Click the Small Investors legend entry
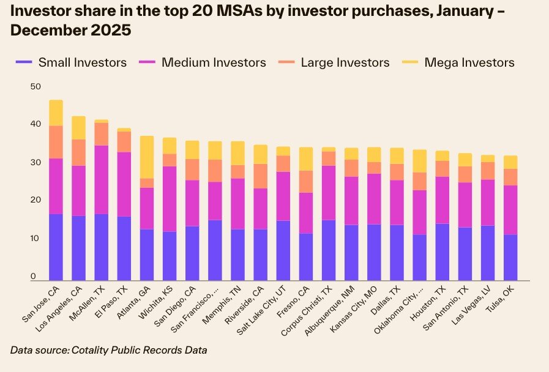tap(82, 62)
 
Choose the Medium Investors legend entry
tap(213, 62)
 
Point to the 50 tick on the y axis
tap(35, 87)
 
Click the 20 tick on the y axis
tap(35, 200)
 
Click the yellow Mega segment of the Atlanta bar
tap(147, 157)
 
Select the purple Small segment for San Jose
tap(56, 247)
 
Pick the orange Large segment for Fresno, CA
tap(305, 181)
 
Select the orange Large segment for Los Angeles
tap(79, 152)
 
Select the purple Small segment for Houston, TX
tap(441, 251)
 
